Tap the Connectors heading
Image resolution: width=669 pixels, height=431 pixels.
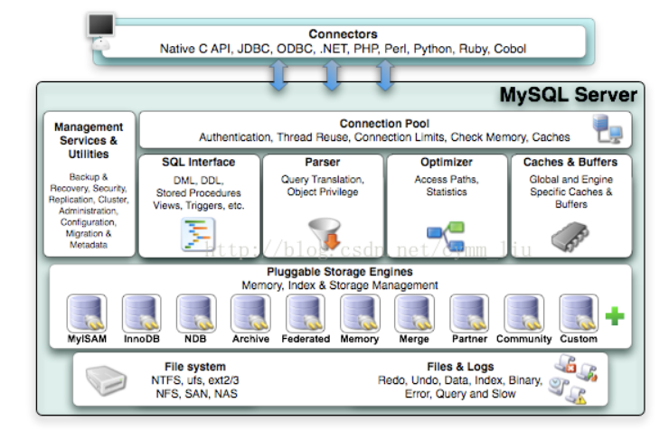[343, 34]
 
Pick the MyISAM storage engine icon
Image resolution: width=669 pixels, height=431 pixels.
[87, 314]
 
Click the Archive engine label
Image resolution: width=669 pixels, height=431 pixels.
[250, 339]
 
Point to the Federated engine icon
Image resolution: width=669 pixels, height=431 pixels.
[305, 314]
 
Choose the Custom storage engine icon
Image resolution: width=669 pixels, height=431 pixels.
[578, 314]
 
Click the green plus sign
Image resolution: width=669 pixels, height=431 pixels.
[615, 316]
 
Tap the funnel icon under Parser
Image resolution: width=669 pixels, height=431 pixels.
[322, 234]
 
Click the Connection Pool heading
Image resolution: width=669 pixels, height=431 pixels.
[384, 124]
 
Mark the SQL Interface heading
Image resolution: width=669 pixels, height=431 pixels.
[198, 163]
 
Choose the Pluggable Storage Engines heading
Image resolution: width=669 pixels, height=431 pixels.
[340, 272]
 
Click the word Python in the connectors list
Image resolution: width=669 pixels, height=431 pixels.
[433, 49]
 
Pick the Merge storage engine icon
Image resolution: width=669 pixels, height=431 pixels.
[414, 314]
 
